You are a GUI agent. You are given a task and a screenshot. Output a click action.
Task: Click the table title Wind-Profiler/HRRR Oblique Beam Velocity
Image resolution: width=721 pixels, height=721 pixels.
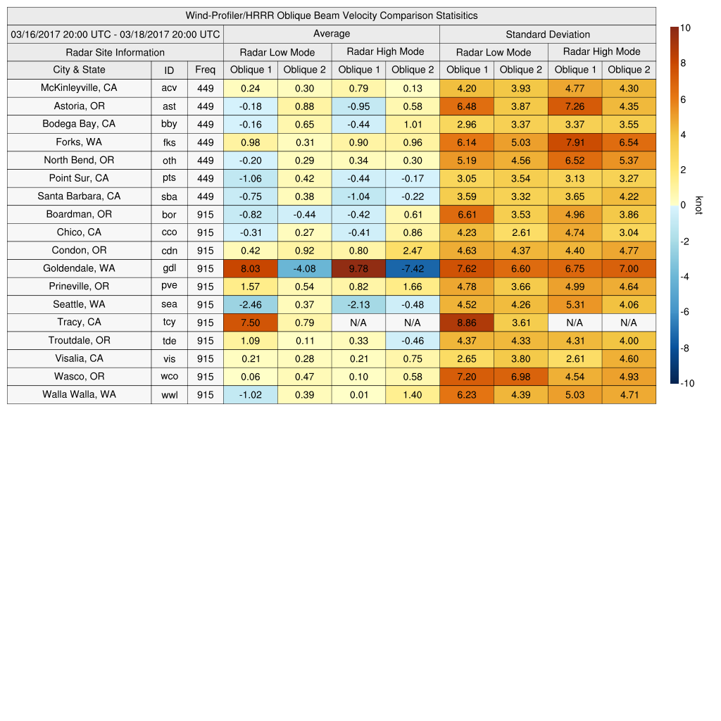coord(332,15)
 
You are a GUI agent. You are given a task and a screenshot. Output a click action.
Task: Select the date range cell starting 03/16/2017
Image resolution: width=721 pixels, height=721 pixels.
coord(115,34)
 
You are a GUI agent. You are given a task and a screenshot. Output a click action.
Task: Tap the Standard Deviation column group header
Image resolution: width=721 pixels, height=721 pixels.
coord(547,34)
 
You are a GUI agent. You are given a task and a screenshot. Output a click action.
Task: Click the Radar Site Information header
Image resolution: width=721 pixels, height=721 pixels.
coord(115,52)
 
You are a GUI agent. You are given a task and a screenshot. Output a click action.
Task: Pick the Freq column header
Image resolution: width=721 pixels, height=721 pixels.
coord(205,70)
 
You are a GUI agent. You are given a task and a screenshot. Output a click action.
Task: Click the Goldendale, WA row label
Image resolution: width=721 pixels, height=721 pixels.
coord(79,268)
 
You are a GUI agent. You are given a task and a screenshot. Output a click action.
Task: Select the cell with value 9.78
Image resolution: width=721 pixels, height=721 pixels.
coord(358,268)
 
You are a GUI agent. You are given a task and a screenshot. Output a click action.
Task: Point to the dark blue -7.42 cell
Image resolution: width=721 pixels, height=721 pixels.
coord(413,268)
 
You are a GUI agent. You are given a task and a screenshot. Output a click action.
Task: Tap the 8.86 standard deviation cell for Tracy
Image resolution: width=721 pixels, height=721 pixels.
coord(466,322)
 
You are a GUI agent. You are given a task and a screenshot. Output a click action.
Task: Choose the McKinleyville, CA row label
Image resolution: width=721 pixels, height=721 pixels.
coord(79,88)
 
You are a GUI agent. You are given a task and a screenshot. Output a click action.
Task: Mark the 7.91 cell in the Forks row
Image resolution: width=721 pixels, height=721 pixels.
coord(575,142)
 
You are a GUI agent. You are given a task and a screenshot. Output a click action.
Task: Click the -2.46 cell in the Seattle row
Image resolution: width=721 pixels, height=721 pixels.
coord(250,304)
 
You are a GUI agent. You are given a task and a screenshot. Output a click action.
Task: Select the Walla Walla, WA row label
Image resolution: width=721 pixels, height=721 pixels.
coord(79,394)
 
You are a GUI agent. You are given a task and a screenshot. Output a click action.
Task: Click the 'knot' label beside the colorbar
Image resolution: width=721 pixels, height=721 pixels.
coord(698,205)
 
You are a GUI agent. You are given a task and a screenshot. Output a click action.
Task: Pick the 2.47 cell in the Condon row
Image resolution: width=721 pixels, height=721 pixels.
coord(413,250)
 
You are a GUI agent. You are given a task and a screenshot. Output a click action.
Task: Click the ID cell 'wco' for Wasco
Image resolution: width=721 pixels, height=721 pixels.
coord(169,377)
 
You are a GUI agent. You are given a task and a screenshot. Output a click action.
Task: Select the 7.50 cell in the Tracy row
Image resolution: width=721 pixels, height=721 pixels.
coord(250,322)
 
